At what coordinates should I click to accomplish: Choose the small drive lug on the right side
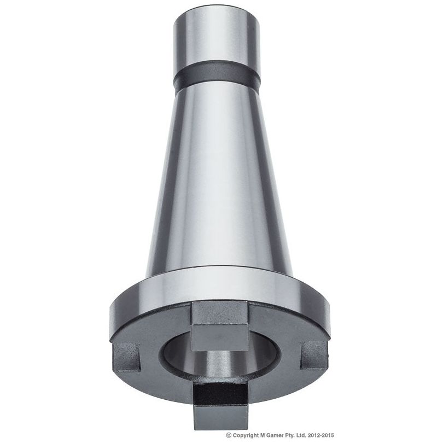pyautogui.click(x=314, y=354)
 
